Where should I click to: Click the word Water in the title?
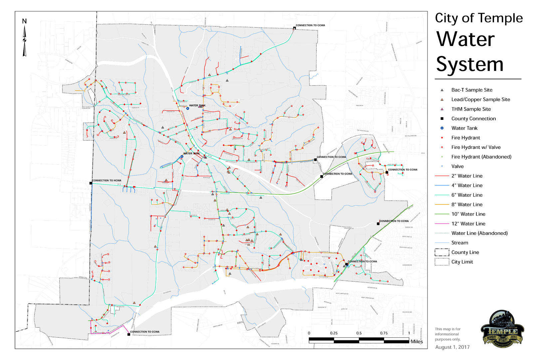tap(465, 40)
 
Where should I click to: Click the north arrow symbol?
tap(24, 40)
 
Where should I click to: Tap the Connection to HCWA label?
tap(107, 180)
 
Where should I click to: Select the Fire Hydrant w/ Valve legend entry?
tap(476, 147)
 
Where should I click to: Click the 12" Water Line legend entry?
tap(468, 224)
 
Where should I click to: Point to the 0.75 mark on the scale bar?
tap(384, 333)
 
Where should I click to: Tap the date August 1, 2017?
tap(452, 347)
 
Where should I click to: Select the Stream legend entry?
tap(459, 243)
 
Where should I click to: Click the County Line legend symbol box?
tap(442, 252)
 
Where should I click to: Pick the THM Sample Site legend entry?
tap(471, 109)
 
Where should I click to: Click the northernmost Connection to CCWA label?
tap(310, 25)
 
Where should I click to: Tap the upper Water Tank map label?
tap(197, 106)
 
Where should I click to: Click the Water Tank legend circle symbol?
tap(442, 128)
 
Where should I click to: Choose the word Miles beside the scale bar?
tap(416, 341)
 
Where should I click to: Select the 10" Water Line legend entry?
tap(468, 214)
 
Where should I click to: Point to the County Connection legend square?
tap(442, 119)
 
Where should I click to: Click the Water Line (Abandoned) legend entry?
tap(479, 233)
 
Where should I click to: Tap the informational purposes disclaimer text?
tap(447, 334)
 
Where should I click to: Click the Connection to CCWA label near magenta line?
tap(144, 332)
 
